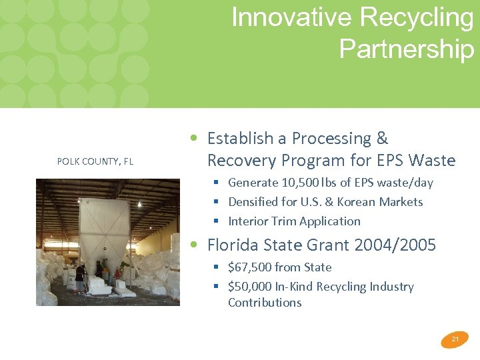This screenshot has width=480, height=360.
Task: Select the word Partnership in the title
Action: pyautogui.click(x=407, y=48)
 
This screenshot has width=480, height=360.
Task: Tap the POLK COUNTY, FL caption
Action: pyautogui.click(x=95, y=161)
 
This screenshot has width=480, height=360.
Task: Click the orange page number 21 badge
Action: pyautogui.click(x=455, y=339)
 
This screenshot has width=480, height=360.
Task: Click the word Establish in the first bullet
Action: pyautogui.click(x=240, y=139)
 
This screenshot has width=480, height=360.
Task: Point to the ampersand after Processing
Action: pyautogui.click(x=382, y=139)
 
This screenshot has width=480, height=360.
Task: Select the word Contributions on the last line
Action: pyautogui.click(x=265, y=303)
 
